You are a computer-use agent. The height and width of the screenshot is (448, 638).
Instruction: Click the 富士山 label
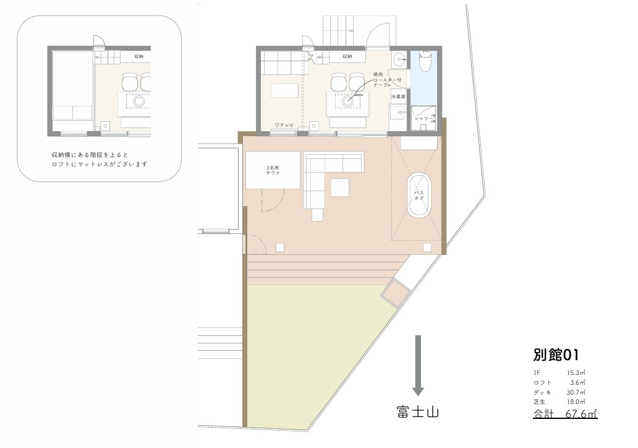click(418, 411)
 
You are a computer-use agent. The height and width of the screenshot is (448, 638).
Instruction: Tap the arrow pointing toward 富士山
click(418, 365)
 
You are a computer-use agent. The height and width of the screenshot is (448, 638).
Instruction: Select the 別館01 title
click(555, 355)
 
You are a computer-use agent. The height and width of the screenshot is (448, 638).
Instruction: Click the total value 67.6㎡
click(581, 414)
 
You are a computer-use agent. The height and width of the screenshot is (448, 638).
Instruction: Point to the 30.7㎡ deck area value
click(576, 393)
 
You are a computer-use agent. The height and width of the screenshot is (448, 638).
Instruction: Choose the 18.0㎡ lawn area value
click(576, 402)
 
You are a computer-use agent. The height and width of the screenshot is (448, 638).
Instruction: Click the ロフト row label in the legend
click(542, 383)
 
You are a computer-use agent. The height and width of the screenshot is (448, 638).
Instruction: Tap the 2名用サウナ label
click(273, 170)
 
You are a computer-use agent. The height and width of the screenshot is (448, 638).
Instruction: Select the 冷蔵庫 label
click(398, 97)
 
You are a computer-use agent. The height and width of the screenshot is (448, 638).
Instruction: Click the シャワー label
click(424, 118)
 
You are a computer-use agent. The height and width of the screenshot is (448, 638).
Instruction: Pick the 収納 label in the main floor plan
click(346, 57)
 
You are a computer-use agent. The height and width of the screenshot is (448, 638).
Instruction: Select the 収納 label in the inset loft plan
click(138, 57)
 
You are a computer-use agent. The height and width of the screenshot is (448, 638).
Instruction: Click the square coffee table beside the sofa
click(339, 186)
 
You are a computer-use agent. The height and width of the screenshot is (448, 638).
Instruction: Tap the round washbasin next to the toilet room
click(399, 60)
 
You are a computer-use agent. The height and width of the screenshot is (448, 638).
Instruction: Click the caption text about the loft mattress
click(100, 159)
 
